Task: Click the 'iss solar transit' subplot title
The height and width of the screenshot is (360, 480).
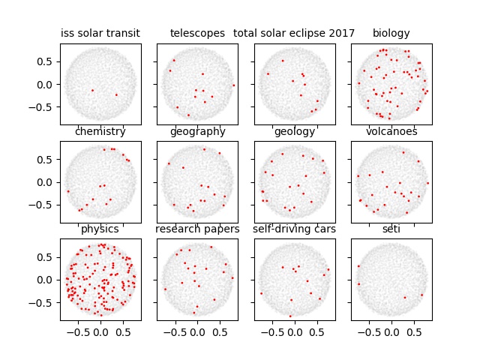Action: pos(100,33)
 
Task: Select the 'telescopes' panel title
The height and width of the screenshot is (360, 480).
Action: pos(197,33)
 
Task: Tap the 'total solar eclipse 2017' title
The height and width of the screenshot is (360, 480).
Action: pos(294,33)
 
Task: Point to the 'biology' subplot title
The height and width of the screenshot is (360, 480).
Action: pos(391,33)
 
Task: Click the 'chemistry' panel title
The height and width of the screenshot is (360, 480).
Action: pos(100,132)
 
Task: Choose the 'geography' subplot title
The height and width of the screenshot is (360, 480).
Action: pos(197,132)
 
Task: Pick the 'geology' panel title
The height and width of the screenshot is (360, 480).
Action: pos(294,132)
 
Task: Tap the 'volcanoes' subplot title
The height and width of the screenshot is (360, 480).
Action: pos(391,132)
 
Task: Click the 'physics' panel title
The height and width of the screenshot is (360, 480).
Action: pos(100,229)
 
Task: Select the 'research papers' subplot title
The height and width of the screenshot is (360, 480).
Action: pos(197,229)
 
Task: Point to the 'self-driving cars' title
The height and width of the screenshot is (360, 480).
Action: pos(294,229)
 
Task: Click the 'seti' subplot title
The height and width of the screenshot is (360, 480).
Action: pos(391,229)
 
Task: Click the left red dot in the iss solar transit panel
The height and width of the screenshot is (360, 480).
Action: pos(92,91)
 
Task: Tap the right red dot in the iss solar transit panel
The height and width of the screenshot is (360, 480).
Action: pos(116,94)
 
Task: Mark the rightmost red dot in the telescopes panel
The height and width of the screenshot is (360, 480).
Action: pos(234,85)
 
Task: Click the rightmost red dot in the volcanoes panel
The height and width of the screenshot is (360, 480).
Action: pos(428,183)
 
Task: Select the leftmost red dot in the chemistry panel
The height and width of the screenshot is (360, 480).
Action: pos(67,191)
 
